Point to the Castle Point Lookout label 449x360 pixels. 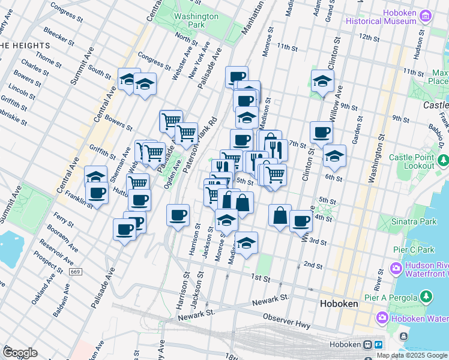411,161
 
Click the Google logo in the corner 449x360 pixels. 20,353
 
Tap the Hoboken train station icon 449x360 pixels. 366,345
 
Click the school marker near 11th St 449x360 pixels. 322,82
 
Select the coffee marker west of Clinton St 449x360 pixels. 321,133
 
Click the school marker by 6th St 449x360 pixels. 334,156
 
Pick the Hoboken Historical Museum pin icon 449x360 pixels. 426,16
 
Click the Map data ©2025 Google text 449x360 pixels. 411,355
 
